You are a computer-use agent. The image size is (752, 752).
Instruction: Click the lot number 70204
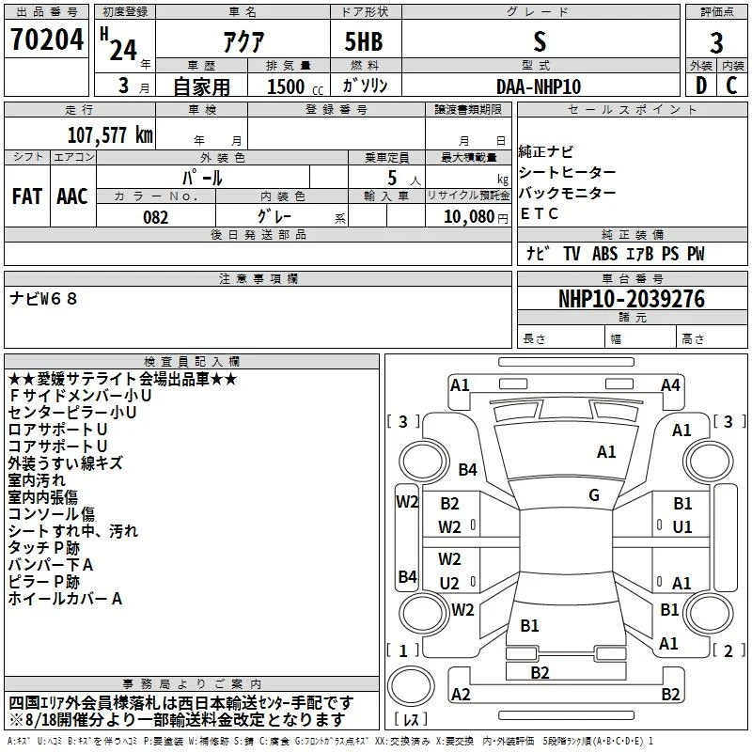pos(47,39)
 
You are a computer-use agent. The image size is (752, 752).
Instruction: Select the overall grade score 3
pos(716,42)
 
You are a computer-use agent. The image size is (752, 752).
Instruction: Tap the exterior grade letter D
pos(701,86)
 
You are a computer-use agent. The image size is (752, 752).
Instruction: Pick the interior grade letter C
pos(731,86)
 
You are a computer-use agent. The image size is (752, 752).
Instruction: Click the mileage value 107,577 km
pos(110,135)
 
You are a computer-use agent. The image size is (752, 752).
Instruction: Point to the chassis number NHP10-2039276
pos(632,299)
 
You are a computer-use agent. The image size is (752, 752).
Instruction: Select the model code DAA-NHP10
pos(539,86)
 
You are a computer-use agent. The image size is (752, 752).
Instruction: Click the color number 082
pos(156,217)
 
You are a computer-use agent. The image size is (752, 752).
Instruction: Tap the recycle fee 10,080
pos(469,217)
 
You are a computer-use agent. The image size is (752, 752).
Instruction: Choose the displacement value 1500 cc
pos(295,86)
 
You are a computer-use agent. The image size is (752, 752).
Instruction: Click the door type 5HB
pos(364,41)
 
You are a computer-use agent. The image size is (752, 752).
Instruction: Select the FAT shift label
pos(27,196)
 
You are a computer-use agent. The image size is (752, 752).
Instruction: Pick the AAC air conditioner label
pos(72,196)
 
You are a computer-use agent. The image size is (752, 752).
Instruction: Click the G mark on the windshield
pos(594,495)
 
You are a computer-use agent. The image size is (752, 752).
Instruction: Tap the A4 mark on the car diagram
pos(670,385)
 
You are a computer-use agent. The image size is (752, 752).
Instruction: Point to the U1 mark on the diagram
pos(682,527)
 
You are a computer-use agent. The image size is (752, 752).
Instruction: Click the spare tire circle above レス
pos(411,686)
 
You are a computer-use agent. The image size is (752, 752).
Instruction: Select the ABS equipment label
pos(604,254)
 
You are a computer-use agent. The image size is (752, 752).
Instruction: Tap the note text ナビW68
pos(43,299)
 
